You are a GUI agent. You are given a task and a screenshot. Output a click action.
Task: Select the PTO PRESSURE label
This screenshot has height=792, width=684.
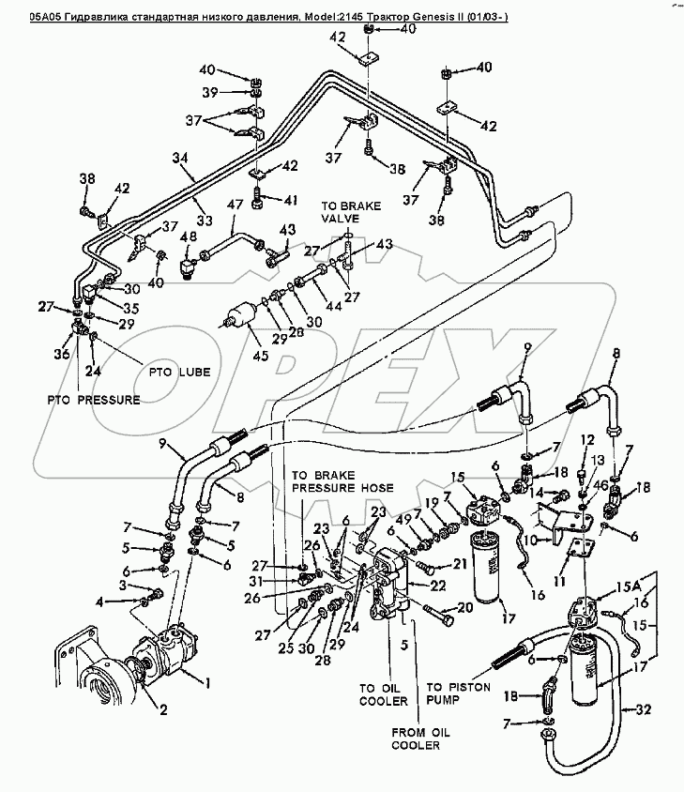click(94, 400)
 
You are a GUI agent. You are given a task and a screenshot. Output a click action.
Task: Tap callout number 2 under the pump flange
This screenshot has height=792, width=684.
click(162, 709)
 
